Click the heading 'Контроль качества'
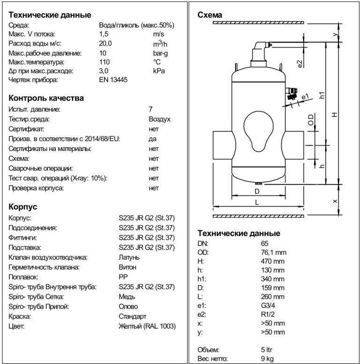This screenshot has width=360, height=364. [x=46, y=98]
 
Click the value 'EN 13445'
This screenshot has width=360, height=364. [x=113, y=80]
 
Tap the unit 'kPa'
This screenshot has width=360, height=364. [x=158, y=71]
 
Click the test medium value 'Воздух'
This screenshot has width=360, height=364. [x=159, y=119]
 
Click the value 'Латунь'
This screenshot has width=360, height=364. [x=129, y=257]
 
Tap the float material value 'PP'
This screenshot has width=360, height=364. [x=122, y=277]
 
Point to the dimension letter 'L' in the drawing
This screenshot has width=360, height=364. [x=257, y=202]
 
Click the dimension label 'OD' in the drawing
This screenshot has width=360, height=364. [x=310, y=121]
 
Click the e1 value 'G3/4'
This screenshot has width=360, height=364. [x=269, y=306]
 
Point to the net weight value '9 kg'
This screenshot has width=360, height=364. [x=268, y=359]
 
